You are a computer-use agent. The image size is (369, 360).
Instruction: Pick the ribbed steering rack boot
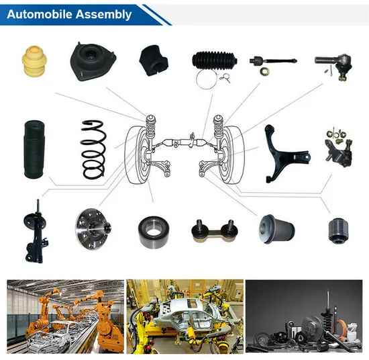click(213, 62)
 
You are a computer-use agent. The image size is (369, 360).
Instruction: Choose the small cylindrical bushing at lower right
click(339, 230)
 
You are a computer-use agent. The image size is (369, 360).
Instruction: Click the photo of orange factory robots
click(65, 315)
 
